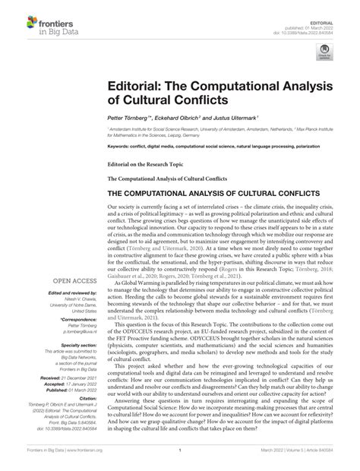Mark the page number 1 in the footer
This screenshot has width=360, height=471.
179,458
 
